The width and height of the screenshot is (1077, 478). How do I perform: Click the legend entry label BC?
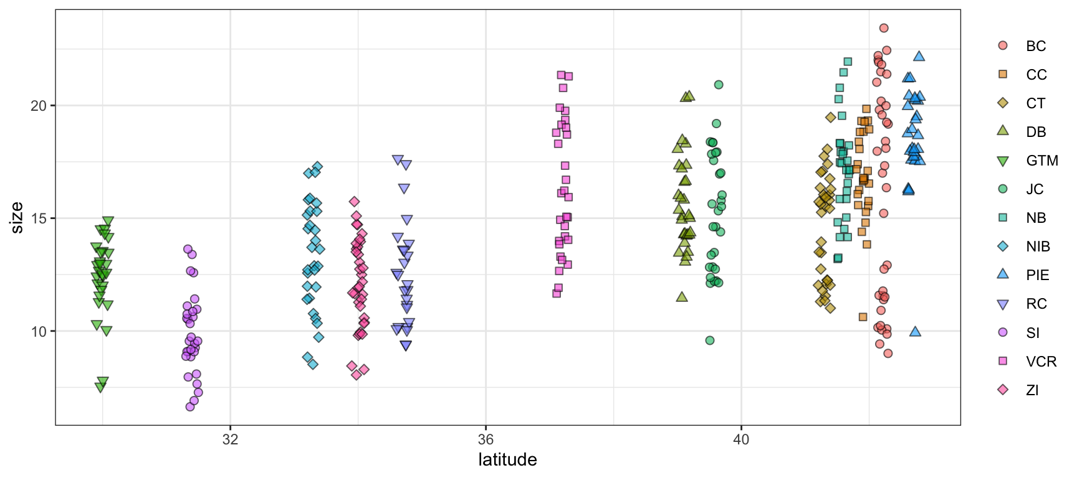point(1036,46)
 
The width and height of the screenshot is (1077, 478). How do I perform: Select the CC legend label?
point(1036,75)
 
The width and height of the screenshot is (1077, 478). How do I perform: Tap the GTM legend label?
point(1042,161)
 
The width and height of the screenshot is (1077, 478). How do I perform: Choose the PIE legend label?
point(1038,275)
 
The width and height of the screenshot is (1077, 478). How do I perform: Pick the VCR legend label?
point(1041,362)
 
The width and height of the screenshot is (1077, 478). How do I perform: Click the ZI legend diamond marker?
point(1003,390)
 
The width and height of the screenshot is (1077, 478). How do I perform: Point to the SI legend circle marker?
point(1003,332)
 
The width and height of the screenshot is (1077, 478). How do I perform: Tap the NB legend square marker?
point(1003,218)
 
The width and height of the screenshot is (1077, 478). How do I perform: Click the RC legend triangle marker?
point(1003,304)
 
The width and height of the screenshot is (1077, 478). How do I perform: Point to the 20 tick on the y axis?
point(39,106)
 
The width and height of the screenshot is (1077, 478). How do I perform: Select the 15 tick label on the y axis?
point(39,218)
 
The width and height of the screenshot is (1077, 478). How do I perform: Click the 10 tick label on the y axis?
point(39,332)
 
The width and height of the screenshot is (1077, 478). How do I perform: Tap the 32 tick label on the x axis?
point(231,439)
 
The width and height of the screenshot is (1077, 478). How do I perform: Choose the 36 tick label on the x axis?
point(486,439)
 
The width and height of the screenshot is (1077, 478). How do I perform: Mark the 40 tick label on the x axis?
point(741,439)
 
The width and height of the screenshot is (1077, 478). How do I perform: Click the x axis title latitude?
point(507,460)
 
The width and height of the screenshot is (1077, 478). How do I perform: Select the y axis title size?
point(17,218)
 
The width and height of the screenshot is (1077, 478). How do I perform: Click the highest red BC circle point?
point(884,28)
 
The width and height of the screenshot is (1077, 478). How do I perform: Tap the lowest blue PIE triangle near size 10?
point(915,332)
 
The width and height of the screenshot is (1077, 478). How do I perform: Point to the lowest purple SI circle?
point(190,406)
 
